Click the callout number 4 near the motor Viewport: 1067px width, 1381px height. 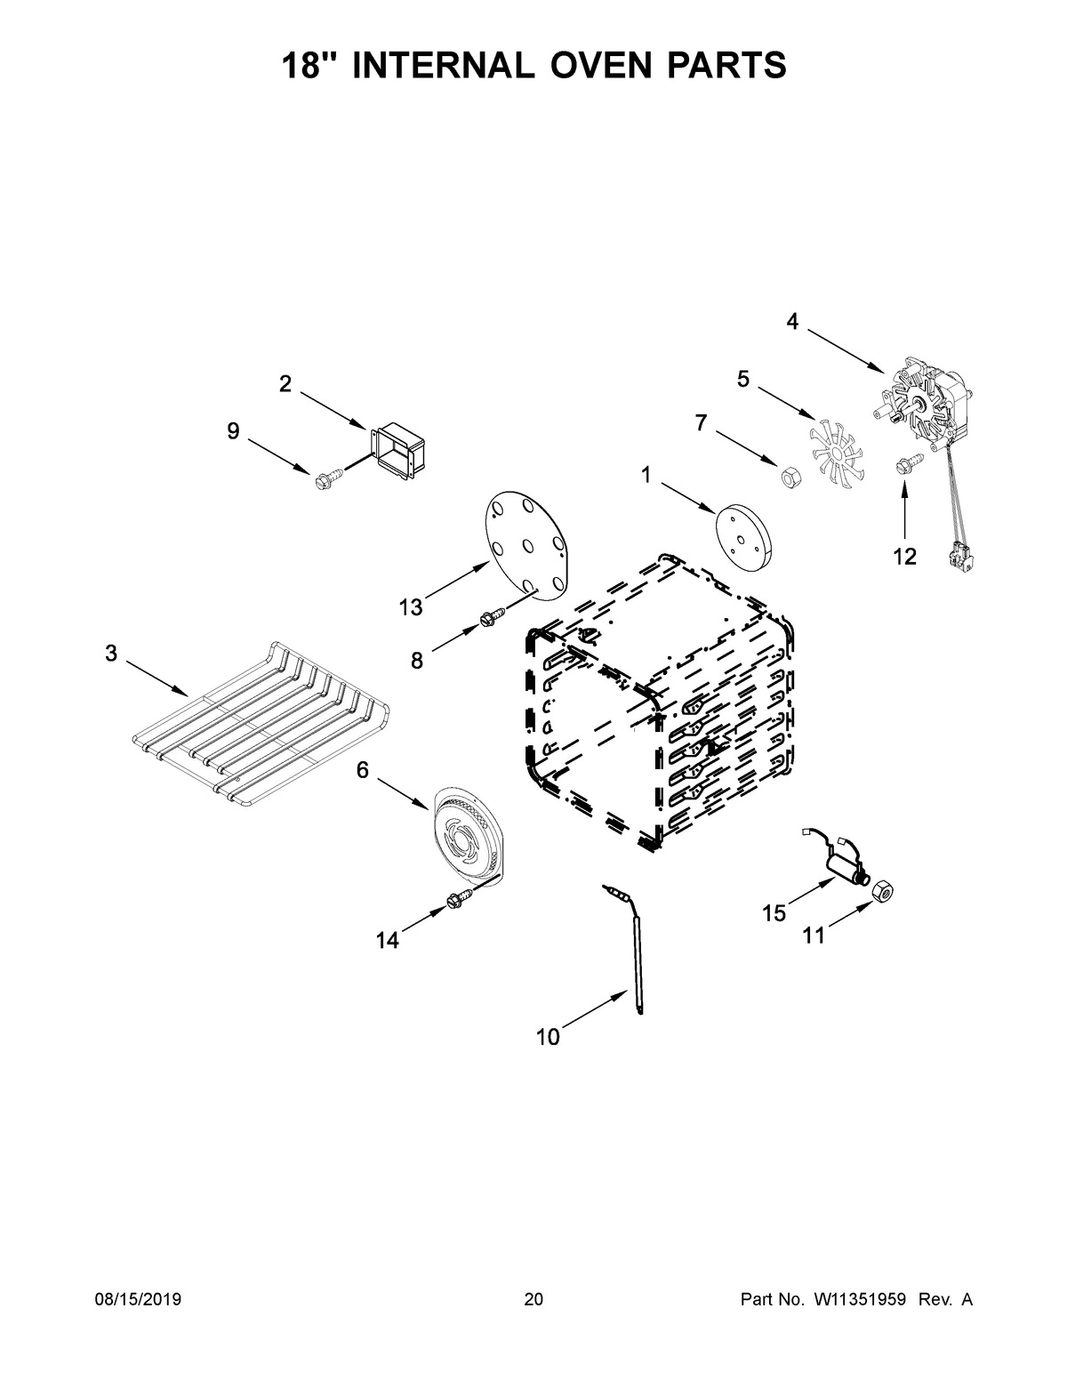click(791, 322)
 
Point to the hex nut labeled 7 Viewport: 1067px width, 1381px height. click(787, 478)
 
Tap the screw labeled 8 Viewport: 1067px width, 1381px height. click(491, 615)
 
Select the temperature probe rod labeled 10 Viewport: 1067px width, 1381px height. click(636, 960)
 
